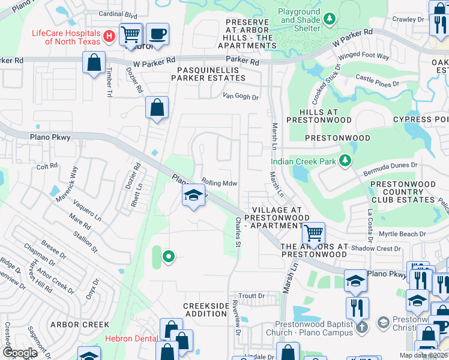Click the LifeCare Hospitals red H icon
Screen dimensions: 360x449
[109, 37]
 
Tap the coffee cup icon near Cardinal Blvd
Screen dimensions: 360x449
[157, 34]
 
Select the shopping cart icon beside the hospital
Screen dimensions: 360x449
[131, 34]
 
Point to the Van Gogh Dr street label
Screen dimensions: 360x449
[240, 96]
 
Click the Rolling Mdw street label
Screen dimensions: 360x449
[220, 183]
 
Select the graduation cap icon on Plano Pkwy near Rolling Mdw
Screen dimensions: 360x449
[193, 196]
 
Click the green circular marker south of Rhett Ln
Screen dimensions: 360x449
[169, 257]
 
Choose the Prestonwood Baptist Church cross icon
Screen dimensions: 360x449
[361, 328]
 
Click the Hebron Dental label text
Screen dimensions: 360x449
[131, 338]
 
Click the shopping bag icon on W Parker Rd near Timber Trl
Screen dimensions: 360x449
[94, 62]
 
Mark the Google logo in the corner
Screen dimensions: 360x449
[20, 353]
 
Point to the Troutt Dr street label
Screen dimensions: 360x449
[252, 296]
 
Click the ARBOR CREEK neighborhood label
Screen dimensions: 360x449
[80, 325]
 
